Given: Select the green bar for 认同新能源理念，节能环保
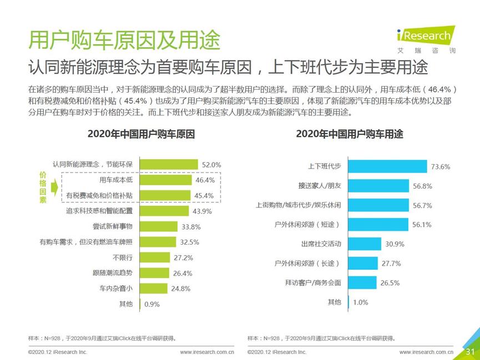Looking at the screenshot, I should click(x=169, y=165).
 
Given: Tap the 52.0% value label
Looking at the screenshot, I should click(x=211, y=165).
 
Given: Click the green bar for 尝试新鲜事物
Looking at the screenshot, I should click(x=158, y=226).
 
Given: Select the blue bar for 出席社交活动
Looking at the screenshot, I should click(x=365, y=244).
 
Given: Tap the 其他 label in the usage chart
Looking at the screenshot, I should click(x=334, y=302).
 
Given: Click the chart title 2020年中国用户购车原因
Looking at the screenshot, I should click(x=141, y=134).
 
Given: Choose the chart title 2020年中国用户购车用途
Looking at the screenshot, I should click(x=350, y=134).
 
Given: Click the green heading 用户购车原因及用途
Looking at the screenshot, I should click(x=124, y=40).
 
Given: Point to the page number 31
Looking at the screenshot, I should click(x=470, y=352).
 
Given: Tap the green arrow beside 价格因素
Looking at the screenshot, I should click(x=55, y=188).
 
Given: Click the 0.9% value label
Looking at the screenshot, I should click(x=151, y=304).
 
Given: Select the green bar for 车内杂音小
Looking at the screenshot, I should click(x=153, y=288).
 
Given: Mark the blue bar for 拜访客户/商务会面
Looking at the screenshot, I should click(x=362, y=283).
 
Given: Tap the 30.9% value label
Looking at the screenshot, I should click(x=395, y=244).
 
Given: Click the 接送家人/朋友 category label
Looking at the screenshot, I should click(x=320, y=186).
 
